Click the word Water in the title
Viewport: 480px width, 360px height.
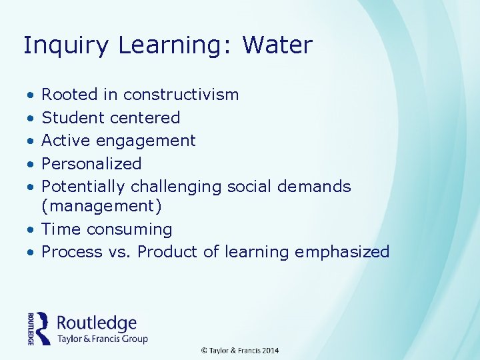point(277,45)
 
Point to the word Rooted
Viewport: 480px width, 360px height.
point(69,95)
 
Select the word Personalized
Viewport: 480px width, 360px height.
point(91,164)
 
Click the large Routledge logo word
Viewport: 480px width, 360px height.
point(97,323)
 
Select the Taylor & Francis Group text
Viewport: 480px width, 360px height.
point(102,339)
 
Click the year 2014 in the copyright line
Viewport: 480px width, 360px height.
point(270,351)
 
